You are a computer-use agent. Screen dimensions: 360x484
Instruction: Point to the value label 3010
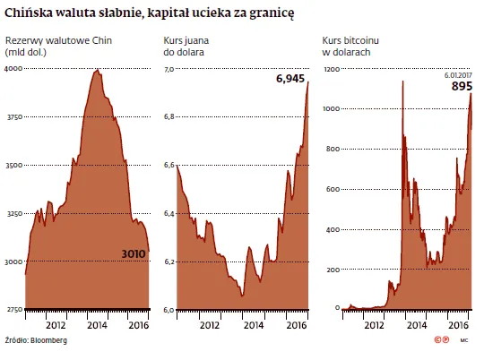pos(132,254)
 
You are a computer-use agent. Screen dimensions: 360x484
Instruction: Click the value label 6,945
pos(290,80)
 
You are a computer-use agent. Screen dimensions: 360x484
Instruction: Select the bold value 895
pos(461,87)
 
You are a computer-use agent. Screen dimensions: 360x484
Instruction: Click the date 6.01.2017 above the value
pos(458,76)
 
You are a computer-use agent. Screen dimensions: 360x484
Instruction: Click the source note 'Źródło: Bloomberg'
pos(36,341)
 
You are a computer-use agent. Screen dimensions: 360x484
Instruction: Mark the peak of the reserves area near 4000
pos(97,70)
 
